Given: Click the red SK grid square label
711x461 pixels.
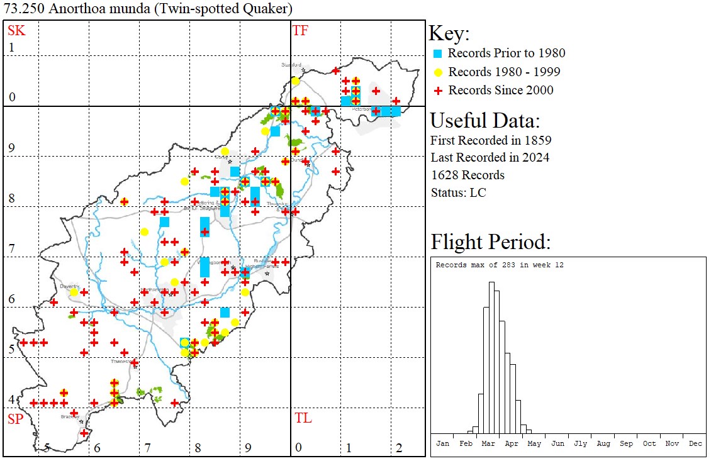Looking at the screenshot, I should click(15, 30).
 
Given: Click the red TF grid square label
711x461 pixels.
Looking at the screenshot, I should click(300, 30).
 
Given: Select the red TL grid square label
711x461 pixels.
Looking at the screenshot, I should click(303, 418).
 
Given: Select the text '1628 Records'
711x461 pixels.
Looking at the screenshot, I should click(467, 175).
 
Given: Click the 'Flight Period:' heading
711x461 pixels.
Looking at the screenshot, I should click(490, 242).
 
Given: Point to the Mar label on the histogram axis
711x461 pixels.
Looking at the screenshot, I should click(488, 443).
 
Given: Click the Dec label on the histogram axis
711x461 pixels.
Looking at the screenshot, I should click(695, 443).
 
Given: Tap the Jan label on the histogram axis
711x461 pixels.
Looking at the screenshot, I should click(442, 443).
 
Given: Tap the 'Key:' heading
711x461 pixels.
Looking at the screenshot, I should click(449, 33).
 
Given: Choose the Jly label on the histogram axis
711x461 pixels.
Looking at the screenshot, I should click(580, 443).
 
